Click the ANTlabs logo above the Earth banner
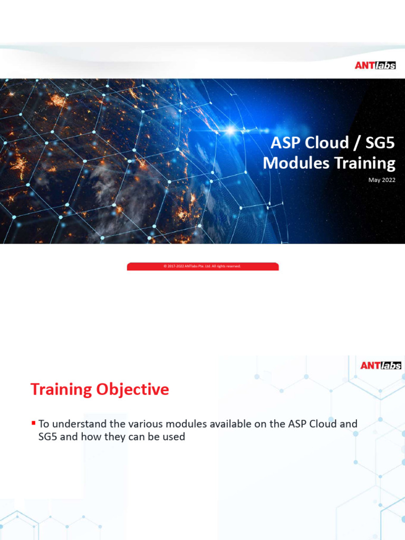point(375,65)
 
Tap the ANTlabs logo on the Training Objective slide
point(381,365)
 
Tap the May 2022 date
point(382,180)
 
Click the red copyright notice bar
point(202,266)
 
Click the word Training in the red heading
point(61,389)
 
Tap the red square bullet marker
point(33,423)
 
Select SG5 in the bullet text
point(48,437)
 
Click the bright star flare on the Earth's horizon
point(230,129)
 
